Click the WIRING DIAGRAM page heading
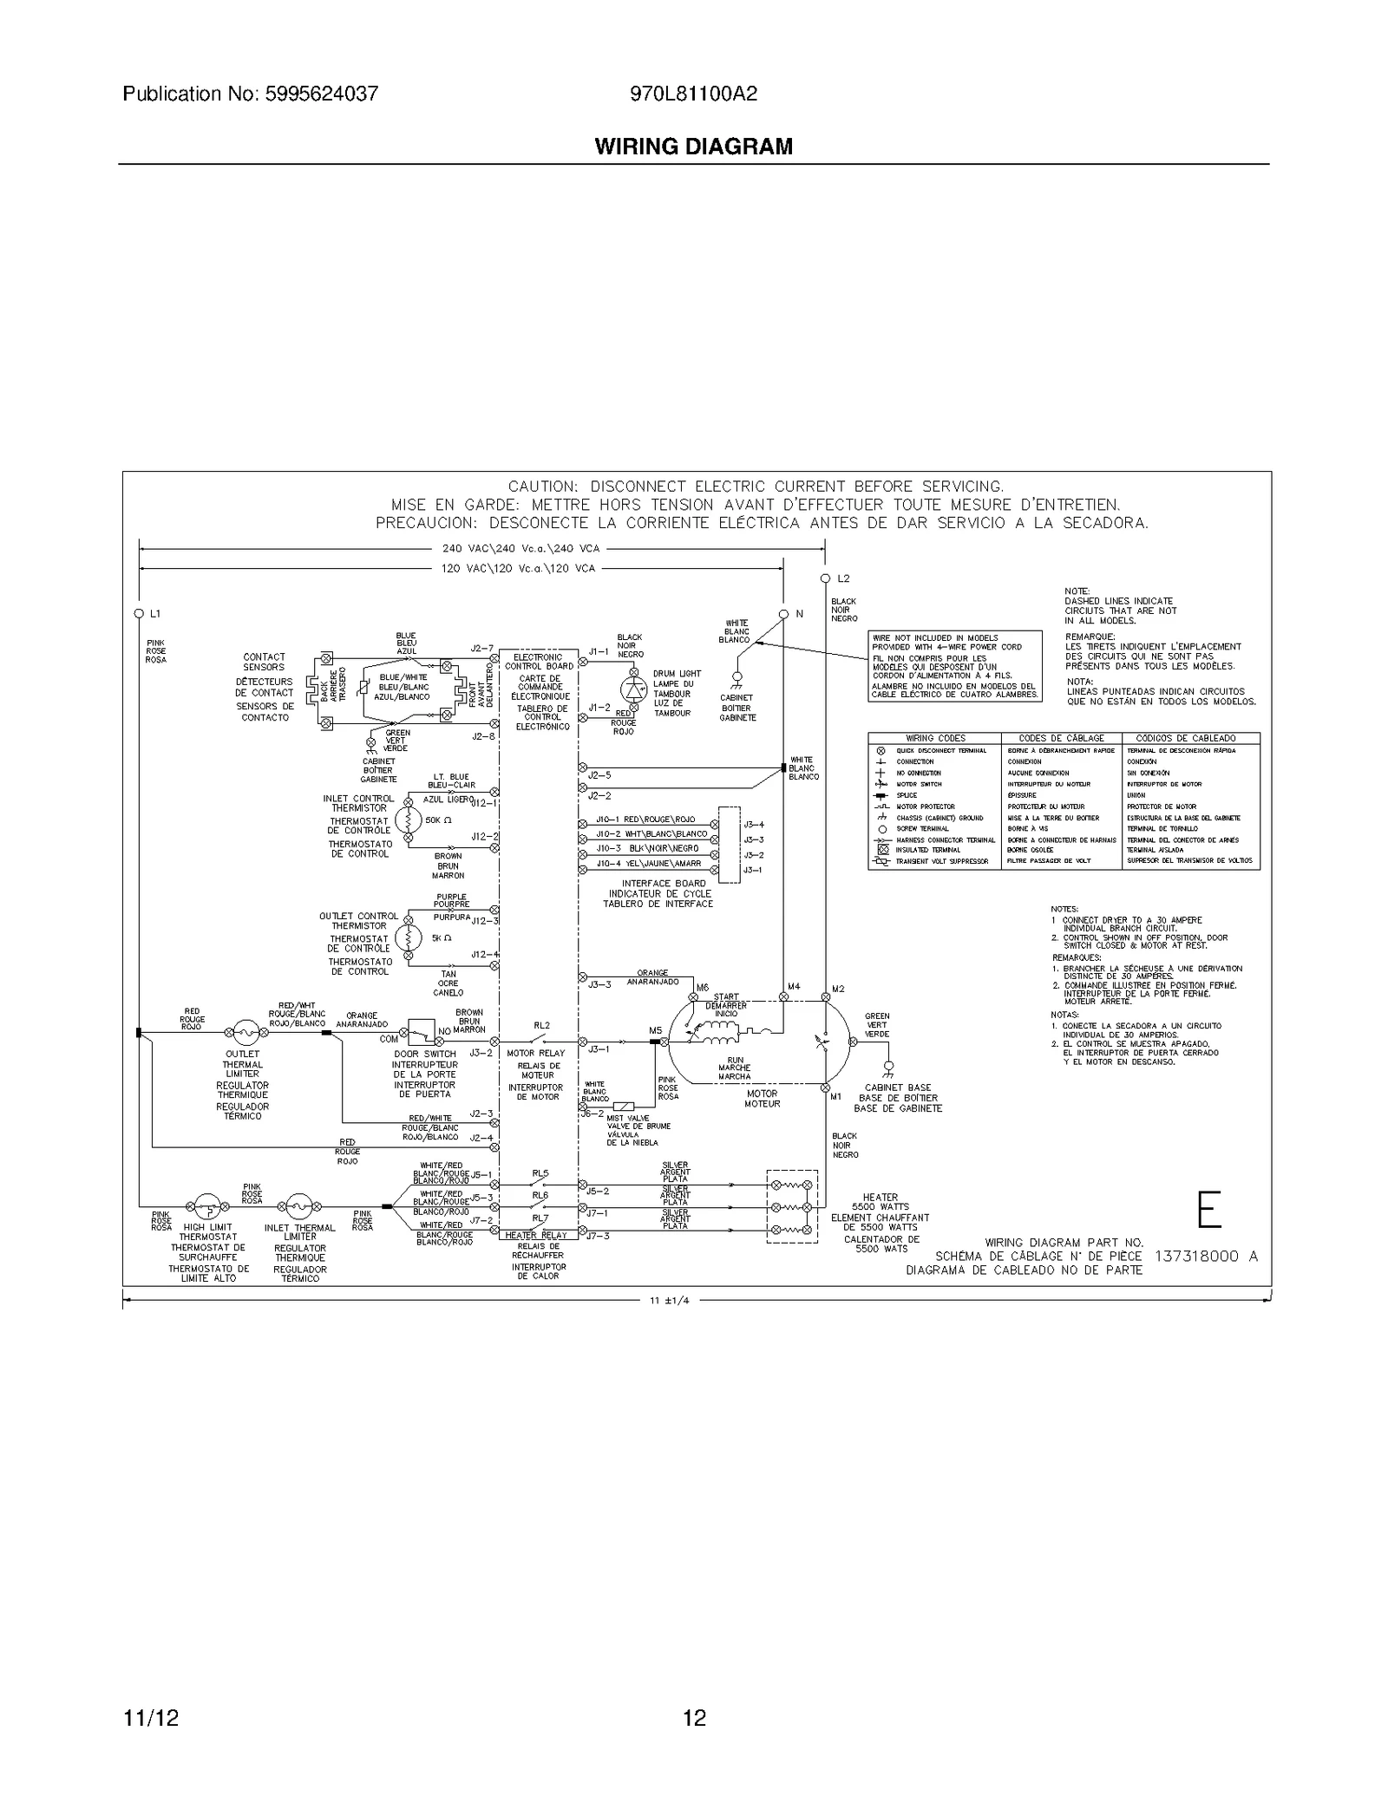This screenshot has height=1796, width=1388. pos(693,147)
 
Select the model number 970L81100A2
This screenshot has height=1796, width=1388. pos(693,94)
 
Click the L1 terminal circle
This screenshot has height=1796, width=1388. pos(139,613)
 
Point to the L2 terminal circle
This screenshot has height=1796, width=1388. pos(825,578)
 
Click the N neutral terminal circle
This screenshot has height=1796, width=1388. pos(783,613)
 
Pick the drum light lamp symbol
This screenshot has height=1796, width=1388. pos(634,689)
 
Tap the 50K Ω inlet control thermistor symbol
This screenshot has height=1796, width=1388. pos(408,820)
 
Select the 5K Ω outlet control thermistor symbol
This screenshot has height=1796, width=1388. pos(408,937)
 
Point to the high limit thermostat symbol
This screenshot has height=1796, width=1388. pos(206,1205)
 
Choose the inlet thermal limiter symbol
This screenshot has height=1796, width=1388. pos(298,1205)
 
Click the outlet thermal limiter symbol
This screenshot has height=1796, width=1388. pos(246,1033)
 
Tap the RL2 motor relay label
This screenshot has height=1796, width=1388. pos(541,1026)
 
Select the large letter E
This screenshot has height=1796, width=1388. pos(1209,1210)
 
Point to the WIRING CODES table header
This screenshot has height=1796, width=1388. pos(935,738)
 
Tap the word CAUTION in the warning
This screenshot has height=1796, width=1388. pos(542,487)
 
